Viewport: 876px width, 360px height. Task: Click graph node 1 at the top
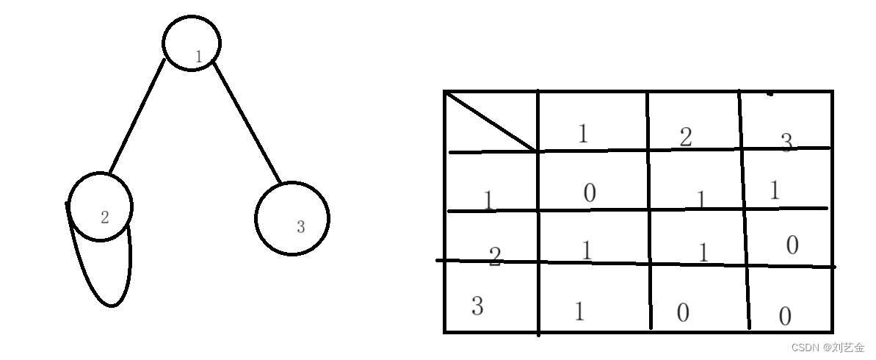pyautogui.click(x=191, y=43)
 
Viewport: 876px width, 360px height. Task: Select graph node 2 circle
pyautogui.click(x=101, y=206)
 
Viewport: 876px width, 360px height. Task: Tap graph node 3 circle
pyautogui.click(x=292, y=218)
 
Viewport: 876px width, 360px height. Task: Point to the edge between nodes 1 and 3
pyautogui.click(x=247, y=123)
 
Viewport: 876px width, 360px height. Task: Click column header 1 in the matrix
pyautogui.click(x=584, y=133)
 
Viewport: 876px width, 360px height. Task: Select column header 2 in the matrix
pyautogui.click(x=685, y=137)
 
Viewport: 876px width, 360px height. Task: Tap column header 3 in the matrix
pyautogui.click(x=786, y=142)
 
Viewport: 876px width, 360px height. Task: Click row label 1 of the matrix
pyautogui.click(x=488, y=200)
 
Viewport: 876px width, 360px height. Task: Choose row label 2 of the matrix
pyautogui.click(x=495, y=256)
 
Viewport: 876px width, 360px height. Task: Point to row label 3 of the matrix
pyautogui.click(x=477, y=306)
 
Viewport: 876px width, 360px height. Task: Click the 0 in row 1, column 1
pyautogui.click(x=590, y=193)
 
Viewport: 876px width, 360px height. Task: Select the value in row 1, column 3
pyautogui.click(x=774, y=191)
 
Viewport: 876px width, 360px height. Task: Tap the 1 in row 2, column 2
pyautogui.click(x=703, y=253)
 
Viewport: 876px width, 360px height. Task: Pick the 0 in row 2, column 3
pyautogui.click(x=792, y=245)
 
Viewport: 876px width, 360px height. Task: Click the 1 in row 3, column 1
pyautogui.click(x=579, y=312)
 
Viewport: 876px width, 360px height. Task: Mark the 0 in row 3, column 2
pyautogui.click(x=683, y=313)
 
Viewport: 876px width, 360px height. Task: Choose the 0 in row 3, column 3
pyautogui.click(x=785, y=317)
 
